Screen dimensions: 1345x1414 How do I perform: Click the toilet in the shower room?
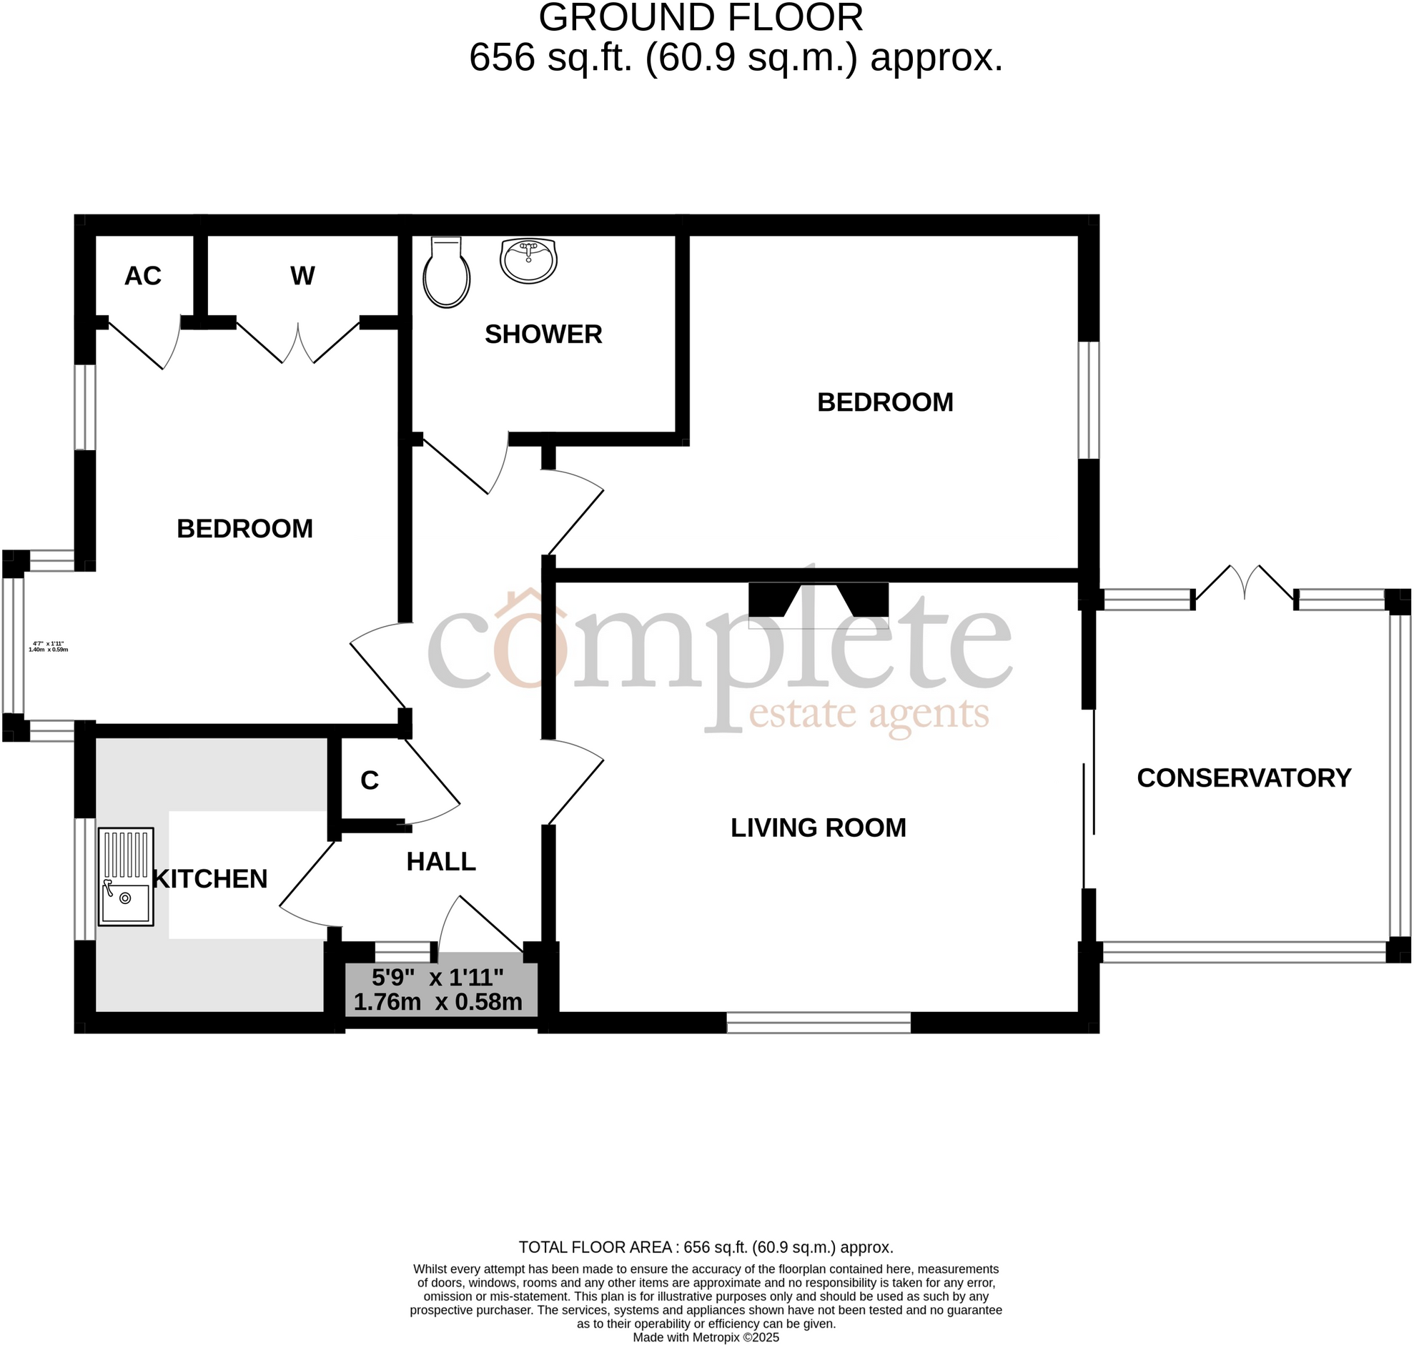(x=446, y=273)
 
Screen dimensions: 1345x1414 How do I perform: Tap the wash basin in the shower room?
(x=528, y=261)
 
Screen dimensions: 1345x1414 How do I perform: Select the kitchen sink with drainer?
(x=126, y=876)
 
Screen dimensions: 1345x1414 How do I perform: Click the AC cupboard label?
(x=143, y=276)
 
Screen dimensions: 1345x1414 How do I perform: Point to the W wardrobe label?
(x=302, y=276)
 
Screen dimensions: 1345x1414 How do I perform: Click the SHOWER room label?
(x=543, y=334)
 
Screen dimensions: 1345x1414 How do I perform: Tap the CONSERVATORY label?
(x=1243, y=778)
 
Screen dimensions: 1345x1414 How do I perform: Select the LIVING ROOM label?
(x=818, y=828)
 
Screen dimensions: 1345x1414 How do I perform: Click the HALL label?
(x=441, y=861)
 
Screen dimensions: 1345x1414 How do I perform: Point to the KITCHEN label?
(x=210, y=878)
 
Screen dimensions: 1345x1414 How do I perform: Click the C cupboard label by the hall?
(x=370, y=780)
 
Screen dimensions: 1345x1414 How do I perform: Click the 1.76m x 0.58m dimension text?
(x=438, y=1001)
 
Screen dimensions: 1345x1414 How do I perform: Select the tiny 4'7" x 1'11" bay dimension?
(x=48, y=646)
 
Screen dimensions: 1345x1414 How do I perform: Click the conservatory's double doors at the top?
(x=1245, y=583)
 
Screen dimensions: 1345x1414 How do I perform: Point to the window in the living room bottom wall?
(x=818, y=1023)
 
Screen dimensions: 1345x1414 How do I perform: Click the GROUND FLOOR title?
(x=701, y=18)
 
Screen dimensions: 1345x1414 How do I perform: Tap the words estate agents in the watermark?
(x=869, y=713)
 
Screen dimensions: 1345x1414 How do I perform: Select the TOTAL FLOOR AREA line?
(x=706, y=1247)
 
